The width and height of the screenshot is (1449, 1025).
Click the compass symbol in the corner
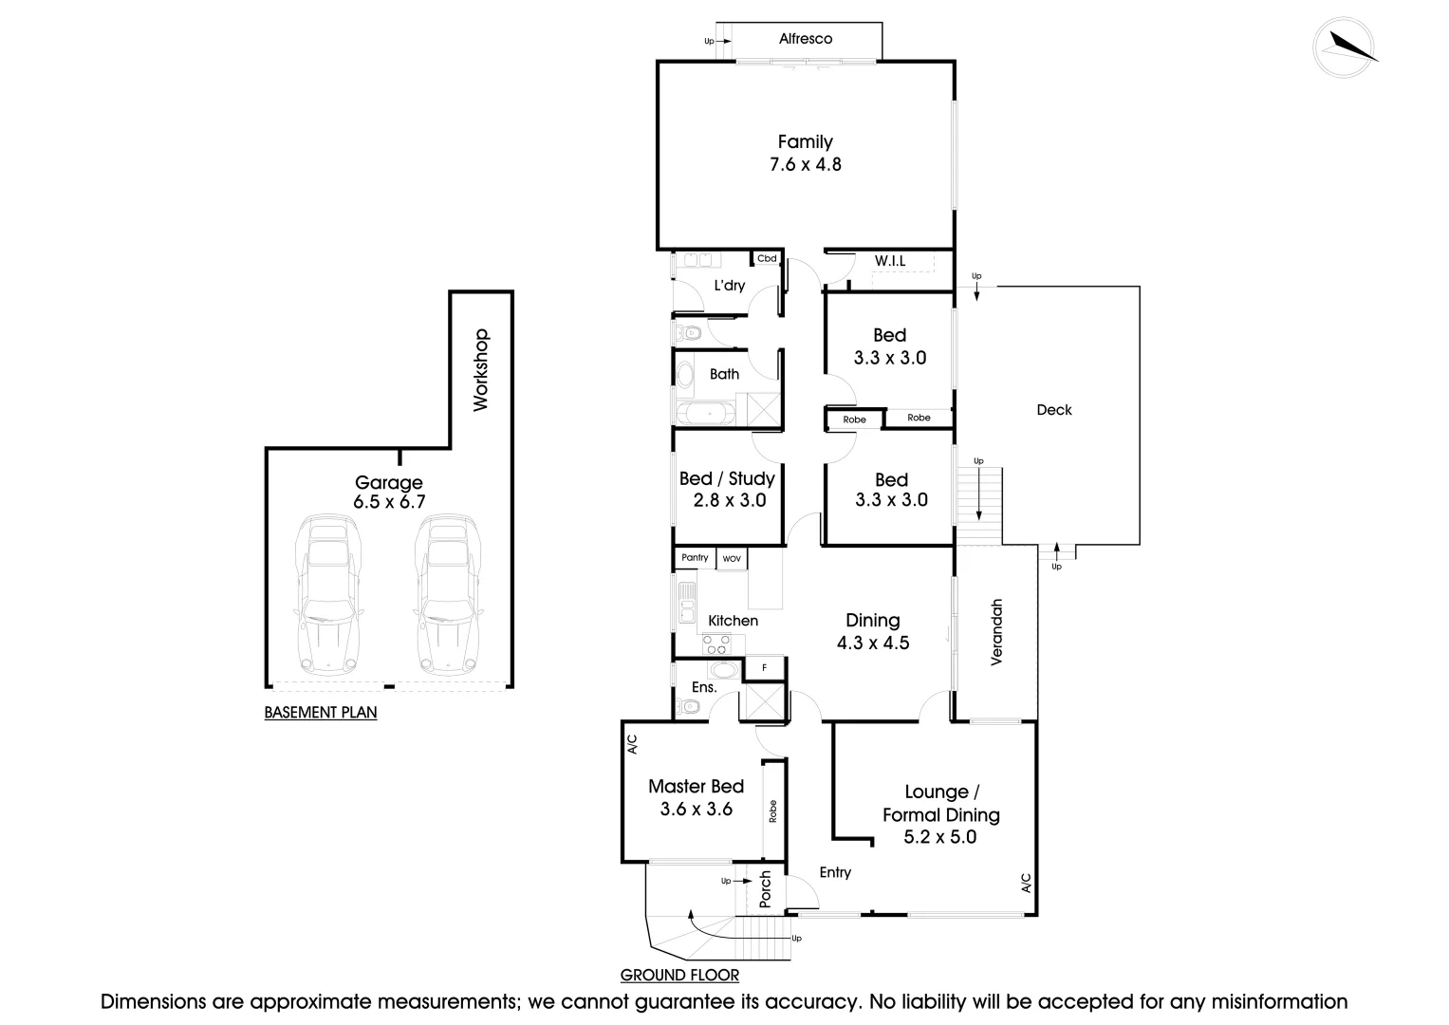click(1345, 47)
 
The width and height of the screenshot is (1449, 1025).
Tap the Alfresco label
click(806, 39)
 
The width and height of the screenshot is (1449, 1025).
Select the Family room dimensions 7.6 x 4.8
click(806, 164)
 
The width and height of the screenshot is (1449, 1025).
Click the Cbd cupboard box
click(767, 258)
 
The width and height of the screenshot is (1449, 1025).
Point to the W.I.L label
click(889, 260)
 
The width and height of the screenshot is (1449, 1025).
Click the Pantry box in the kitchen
click(695, 558)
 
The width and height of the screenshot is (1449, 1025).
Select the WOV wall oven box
click(732, 559)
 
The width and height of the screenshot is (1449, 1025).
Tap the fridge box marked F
click(765, 668)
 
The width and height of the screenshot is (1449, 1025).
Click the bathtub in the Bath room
click(705, 413)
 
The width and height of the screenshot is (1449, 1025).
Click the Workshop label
click(480, 369)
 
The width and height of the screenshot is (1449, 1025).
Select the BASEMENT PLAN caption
click(321, 713)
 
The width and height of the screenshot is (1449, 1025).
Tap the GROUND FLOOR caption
click(679, 975)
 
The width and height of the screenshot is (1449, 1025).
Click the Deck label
click(1054, 410)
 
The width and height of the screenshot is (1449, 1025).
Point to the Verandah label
click(996, 632)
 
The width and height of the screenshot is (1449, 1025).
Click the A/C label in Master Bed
click(632, 744)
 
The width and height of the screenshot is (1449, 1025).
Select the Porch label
click(766, 888)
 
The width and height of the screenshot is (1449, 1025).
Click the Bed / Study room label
click(727, 478)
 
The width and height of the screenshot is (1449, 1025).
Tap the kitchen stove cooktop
click(716, 644)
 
